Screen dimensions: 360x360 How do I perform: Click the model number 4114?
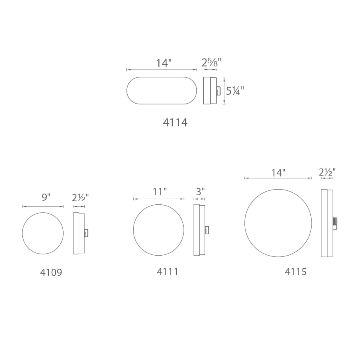tap(175, 123)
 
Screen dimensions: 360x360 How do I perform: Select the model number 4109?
tap(51, 273)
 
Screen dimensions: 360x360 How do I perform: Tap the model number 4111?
tap(168, 272)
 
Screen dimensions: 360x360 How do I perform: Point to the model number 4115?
tap(296, 272)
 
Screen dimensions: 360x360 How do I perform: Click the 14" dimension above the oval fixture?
tap(164, 63)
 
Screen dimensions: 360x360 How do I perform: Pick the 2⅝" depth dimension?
tap(211, 63)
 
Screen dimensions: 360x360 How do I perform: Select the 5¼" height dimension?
tap(234, 91)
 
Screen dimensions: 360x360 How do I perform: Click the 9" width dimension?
tap(46, 197)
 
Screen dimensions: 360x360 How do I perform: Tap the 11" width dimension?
tap(159, 192)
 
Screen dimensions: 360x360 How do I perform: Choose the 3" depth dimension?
tap(200, 192)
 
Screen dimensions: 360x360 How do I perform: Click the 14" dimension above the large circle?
tap(278, 173)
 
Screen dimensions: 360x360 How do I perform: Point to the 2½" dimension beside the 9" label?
tap(80, 198)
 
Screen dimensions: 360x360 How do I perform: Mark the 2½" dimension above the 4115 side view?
tap(327, 172)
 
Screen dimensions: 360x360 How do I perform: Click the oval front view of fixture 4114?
tap(162, 91)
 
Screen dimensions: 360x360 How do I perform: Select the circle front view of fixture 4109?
tap(43, 233)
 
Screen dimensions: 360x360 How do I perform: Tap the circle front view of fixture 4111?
tap(158, 230)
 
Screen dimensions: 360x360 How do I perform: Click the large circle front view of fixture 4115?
tap(278, 223)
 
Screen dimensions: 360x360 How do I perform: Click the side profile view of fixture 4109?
tap(78, 233)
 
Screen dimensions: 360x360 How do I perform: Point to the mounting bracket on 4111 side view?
tap(207, 230)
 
